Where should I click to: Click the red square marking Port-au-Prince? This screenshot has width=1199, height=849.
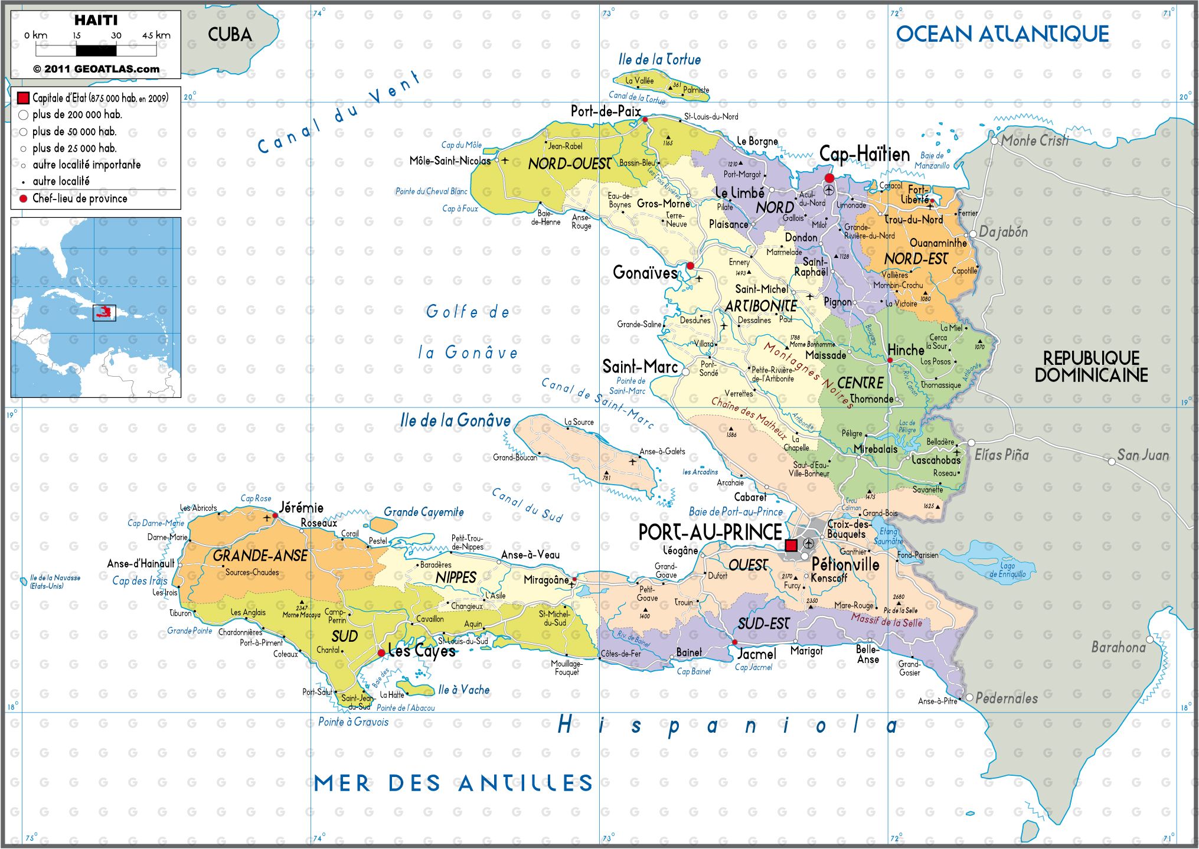(791, 545)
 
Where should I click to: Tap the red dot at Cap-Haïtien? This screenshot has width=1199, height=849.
(829, 178)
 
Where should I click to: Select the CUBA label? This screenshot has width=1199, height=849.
(230, 35)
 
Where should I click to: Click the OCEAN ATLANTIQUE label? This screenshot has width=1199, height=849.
(1002, 34)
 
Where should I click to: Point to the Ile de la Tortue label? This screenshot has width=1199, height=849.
(659, 60)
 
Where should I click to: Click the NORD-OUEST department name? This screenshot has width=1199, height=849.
(569, 164)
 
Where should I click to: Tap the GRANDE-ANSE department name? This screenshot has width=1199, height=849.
(260, 556)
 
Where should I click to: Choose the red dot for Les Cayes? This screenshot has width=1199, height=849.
(381, 653)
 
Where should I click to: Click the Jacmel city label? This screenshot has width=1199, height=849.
(757, 654)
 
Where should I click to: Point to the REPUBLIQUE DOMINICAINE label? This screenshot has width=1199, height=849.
(1091, 367)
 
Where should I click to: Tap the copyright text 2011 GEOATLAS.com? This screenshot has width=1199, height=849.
(96, 69)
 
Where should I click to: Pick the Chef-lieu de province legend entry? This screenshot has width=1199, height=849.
(80, 199)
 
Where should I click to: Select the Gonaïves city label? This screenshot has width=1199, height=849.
(645, 273)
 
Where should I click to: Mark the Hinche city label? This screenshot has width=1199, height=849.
(906, 350)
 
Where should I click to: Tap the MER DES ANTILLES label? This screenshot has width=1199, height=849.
(453, 783)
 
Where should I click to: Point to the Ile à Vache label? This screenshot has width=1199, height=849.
(463, 690)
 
